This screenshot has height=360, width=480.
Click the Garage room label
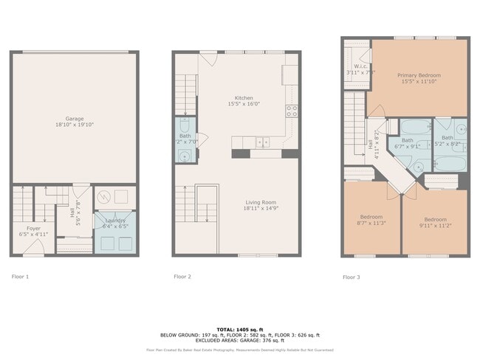(x=74, y=118)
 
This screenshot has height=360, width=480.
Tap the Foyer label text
(x=34, y=228)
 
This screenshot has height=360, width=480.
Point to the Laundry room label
(x=114, y=221)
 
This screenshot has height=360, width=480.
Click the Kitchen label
(x=244, y=98)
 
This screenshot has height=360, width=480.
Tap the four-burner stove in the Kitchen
(x=292, y=112)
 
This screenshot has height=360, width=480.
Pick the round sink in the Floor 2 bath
(x=184, y=155)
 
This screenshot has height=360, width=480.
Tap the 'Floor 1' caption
(x=20, y=277)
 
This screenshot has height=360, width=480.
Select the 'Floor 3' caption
(x=352, y=277)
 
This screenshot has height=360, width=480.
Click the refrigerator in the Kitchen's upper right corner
(x=290, y=73)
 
